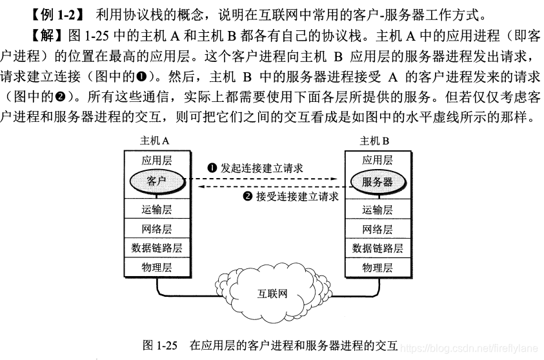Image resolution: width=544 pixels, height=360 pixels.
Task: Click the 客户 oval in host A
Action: pyautogui.click(x=157, y=180)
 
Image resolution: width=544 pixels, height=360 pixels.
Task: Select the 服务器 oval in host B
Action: pyautogui.click(x=378, y=181)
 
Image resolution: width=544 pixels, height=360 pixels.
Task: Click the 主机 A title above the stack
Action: pyautogui.click(x=155, y=141)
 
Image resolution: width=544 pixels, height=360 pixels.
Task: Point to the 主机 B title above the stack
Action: pyautogui.click(x=374, y=141)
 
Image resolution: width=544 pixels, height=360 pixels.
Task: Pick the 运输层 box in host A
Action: pyautogui.click(x=157, y=210)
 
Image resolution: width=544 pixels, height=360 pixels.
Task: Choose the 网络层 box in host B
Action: pyautogui.click(x=378, y=229)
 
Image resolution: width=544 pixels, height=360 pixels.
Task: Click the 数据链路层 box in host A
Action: pyautogui.click(x=157, y=248)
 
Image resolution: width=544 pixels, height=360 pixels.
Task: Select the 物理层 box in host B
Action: pyautogui.click(x=378, y=267)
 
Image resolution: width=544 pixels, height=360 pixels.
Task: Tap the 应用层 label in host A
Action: pyautogui.click(x=157, y=160)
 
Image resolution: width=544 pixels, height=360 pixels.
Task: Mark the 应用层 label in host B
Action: pyautogui.click(x=378, y=160)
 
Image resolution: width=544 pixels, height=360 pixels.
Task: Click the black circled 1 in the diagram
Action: pyautogui.click(x=212, y=168)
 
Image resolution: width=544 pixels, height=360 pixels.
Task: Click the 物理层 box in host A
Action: pyautogui.click(x=157, y=267)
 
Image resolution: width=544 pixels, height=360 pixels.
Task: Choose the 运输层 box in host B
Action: pyautogui.click(x=378, y=210)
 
